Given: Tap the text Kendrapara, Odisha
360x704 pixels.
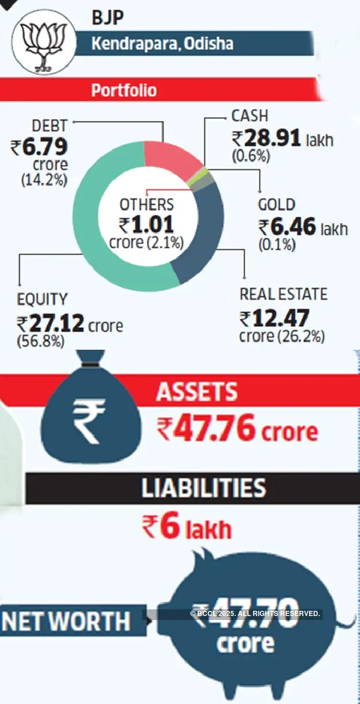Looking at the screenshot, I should (x=162, y=44).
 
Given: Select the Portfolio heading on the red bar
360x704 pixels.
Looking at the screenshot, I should (x=124, y=90).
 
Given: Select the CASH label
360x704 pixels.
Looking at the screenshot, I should (x=250, y=116).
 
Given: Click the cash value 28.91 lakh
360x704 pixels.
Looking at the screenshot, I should (x=282, y=139).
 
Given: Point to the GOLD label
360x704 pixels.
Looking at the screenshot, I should (x=277, y=205).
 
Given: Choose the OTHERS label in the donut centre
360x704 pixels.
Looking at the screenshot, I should (x=146, y=205).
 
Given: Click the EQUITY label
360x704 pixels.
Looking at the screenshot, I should (x=42, y=299).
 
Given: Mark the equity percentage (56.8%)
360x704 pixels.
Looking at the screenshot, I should (x=41, y=341).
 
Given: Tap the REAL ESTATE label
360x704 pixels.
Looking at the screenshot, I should (x=283, y=294).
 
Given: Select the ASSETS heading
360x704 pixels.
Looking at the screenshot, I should (x=197, y=392).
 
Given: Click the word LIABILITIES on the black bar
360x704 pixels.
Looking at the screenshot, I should (x=204, y=488).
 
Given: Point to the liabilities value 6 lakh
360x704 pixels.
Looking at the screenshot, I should (x=187, y=528).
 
